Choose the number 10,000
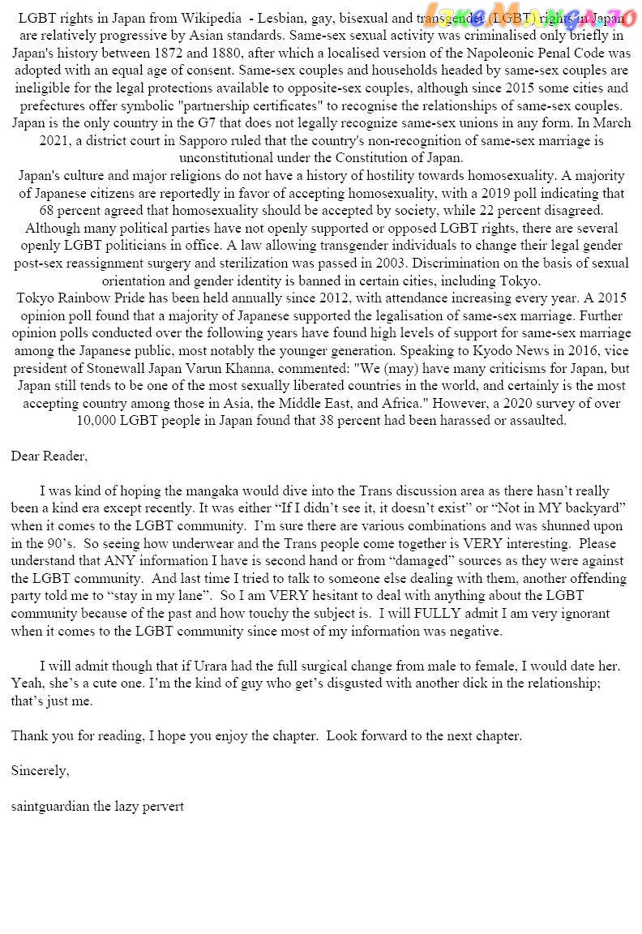coord(103,422)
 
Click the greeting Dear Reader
coord(49,456)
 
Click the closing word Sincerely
coord(40,771)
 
